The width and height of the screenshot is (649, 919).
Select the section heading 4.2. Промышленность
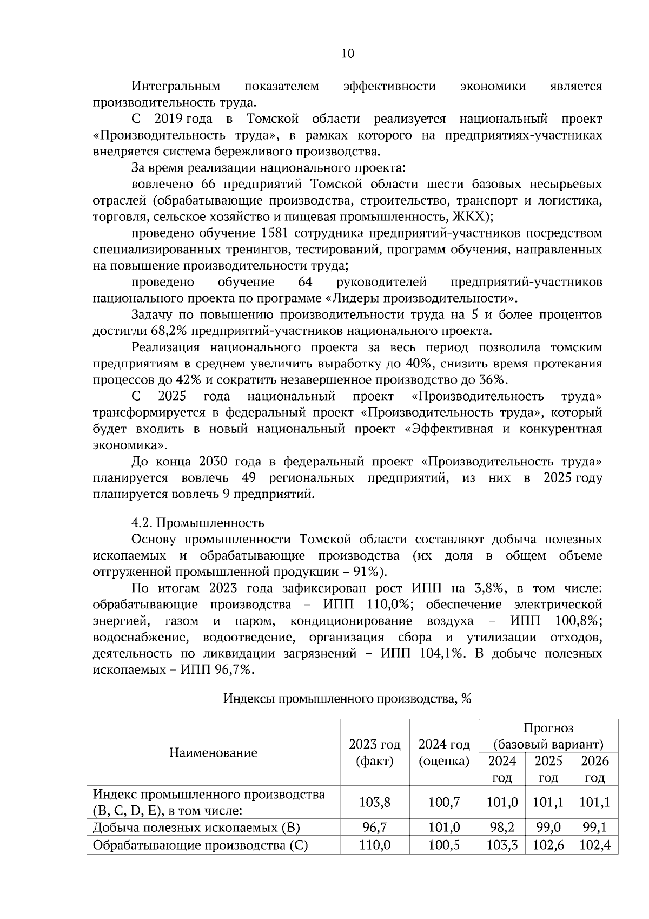coord(198,523)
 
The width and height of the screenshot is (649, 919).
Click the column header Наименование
coord(213,752)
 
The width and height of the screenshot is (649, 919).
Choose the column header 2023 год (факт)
coord(375,752)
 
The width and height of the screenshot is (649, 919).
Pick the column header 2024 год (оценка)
coord(444,752)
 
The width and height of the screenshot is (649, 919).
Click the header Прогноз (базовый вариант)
coord(548,736)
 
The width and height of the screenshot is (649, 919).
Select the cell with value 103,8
coord(375,802)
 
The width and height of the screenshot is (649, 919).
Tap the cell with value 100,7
coord(444,802)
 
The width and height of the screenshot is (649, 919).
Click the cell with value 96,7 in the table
coord(375,827)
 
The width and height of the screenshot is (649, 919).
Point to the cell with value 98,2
coord(502,827)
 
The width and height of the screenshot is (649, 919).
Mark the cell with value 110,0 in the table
coord(375,844)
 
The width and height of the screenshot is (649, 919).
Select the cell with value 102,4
coord(594,844)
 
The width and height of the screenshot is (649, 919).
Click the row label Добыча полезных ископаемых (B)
coord(196,828)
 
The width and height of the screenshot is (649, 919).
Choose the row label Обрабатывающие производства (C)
coord(200,844)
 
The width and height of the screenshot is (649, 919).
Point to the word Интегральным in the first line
coord(176,87)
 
